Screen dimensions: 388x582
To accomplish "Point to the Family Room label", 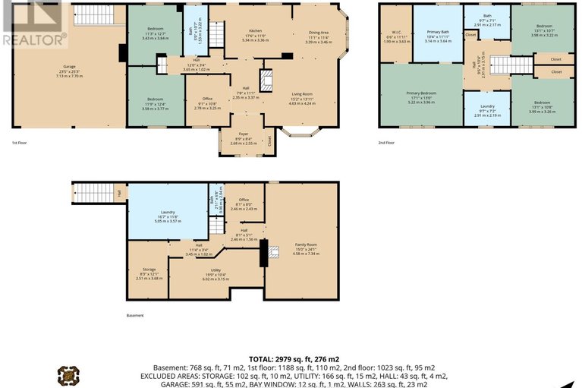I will [x=307, y=244].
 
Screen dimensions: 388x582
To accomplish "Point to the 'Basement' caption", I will [x=134, y=315].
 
